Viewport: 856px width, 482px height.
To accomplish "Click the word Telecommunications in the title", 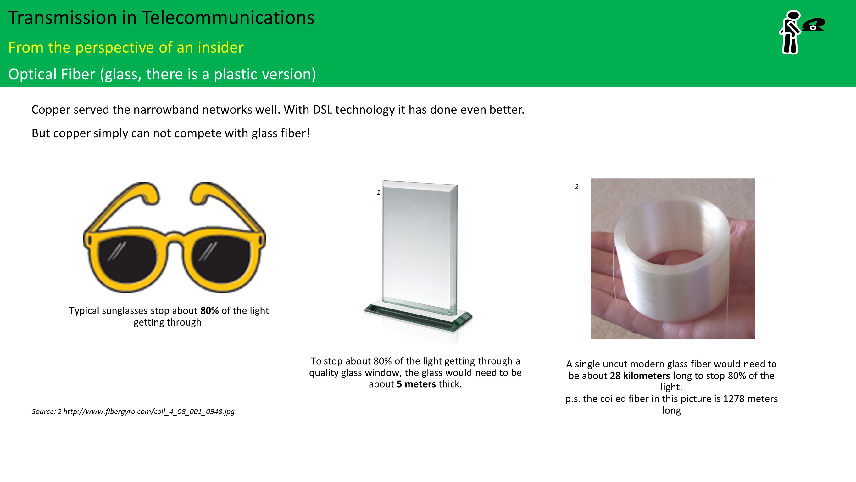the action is (228, 18).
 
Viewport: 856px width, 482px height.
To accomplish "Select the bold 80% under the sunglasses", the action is (209, 311).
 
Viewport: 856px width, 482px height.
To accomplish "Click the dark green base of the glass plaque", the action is (418, 318).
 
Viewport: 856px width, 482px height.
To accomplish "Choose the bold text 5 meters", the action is (416, 384).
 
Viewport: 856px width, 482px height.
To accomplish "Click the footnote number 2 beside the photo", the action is (576, 187).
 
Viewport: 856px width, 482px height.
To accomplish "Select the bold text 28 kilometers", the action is (640, 376).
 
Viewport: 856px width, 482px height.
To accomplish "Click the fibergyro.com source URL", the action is (149, 412).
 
